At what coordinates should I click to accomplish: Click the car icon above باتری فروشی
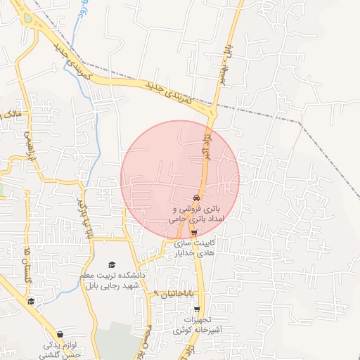point(195,198)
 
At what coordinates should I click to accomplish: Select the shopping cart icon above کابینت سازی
point(194,234)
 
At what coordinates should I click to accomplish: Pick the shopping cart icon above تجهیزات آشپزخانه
point(198,308)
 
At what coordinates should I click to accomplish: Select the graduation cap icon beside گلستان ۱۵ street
point(30,302)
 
